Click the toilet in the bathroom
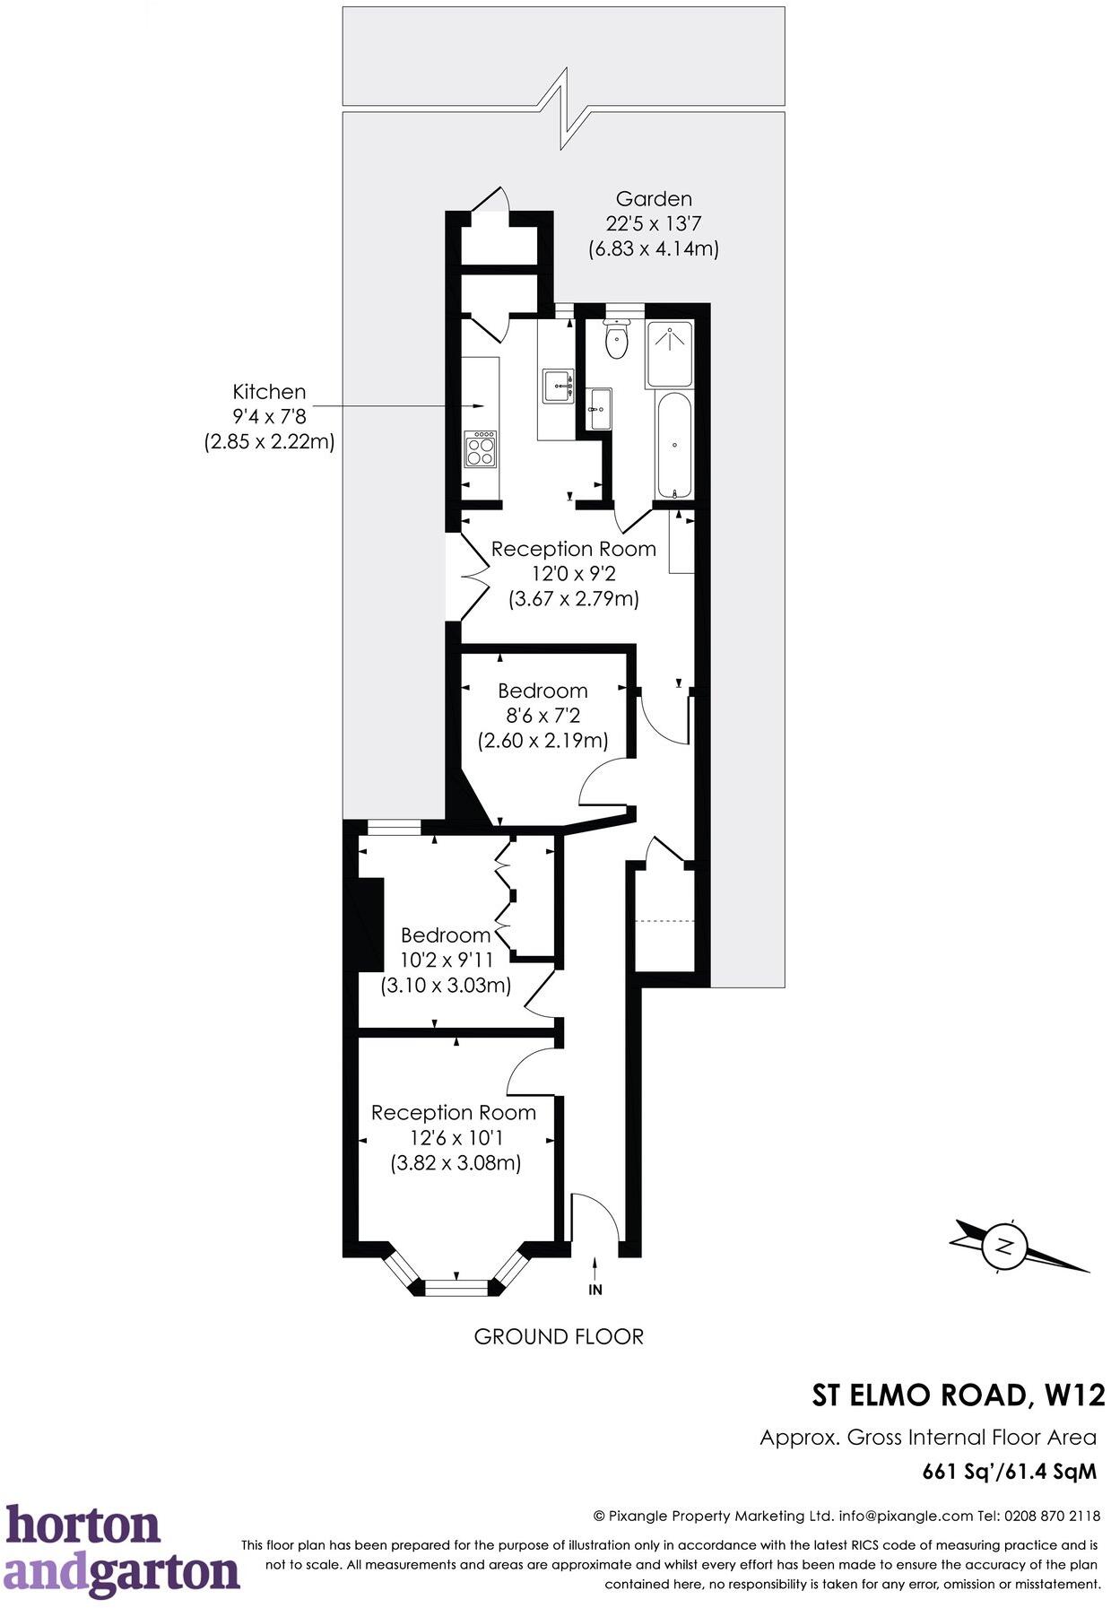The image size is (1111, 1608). (616, 341)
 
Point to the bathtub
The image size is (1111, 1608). (674, 447)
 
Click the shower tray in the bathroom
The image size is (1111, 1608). (669, 353)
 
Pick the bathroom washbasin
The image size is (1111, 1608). (599, 410)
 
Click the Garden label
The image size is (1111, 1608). (654, 199)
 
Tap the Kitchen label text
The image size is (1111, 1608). (269, 392)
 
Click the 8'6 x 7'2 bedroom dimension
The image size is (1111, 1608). (543, 716)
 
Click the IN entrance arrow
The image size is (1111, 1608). (595, 1278)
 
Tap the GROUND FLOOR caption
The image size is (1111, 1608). (559, 1336)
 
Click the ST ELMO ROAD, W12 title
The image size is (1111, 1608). (958, 1395)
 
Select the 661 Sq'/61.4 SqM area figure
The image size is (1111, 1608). (1010, 1472)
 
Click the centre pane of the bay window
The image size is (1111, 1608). (457, 1288)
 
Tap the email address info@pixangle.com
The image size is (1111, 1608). (906, 1516)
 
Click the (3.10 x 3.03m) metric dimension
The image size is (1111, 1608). (447, 985)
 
